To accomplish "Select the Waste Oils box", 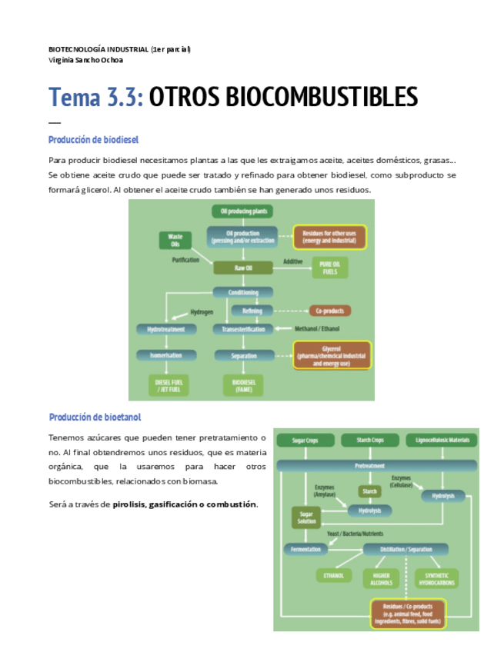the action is tap(175, 240).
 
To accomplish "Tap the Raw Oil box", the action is tap(242, 268).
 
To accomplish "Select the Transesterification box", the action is tap(242, 330).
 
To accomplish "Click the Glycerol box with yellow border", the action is tap(332, 355).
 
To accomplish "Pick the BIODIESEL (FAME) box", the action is tap(242, 384).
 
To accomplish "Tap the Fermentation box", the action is tap(305, 549).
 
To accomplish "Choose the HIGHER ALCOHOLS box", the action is tap(382, 577).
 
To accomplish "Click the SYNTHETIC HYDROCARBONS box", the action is tap(436, 577).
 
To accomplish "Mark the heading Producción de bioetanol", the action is tap(95, 417).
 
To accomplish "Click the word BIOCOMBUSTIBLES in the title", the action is tap(283, 98).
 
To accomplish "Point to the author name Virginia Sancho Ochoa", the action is tap(85, 60).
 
